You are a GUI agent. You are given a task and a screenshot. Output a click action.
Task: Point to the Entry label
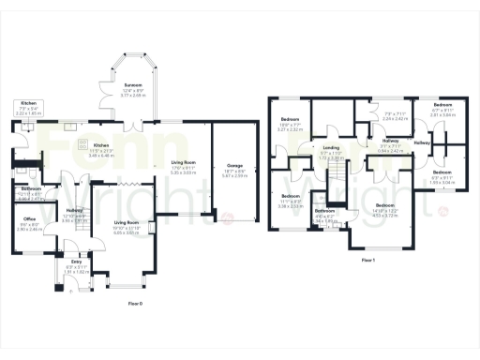pyautogui.click(x=75, y=262)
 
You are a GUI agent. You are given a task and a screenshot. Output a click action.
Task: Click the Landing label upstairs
pyautogui.click(x=331, y=146)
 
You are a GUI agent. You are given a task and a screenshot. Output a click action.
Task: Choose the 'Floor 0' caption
pyautogui.click(x=136, y=305)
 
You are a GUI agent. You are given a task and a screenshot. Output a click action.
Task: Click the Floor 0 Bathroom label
pyautogui.click(x=31, y=188)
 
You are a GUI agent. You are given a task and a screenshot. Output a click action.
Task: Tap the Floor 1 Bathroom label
pyautogui.click(x=324, y=211)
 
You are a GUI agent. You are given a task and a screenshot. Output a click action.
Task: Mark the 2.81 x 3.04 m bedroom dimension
pyautogui.click(x=442, y=114)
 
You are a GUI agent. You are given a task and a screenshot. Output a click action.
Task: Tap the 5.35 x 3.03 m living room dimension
pyautogui.click(x=182, y=173)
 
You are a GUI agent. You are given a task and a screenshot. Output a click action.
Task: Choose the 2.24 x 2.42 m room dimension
pyautogui.click(x=368, y=119)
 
